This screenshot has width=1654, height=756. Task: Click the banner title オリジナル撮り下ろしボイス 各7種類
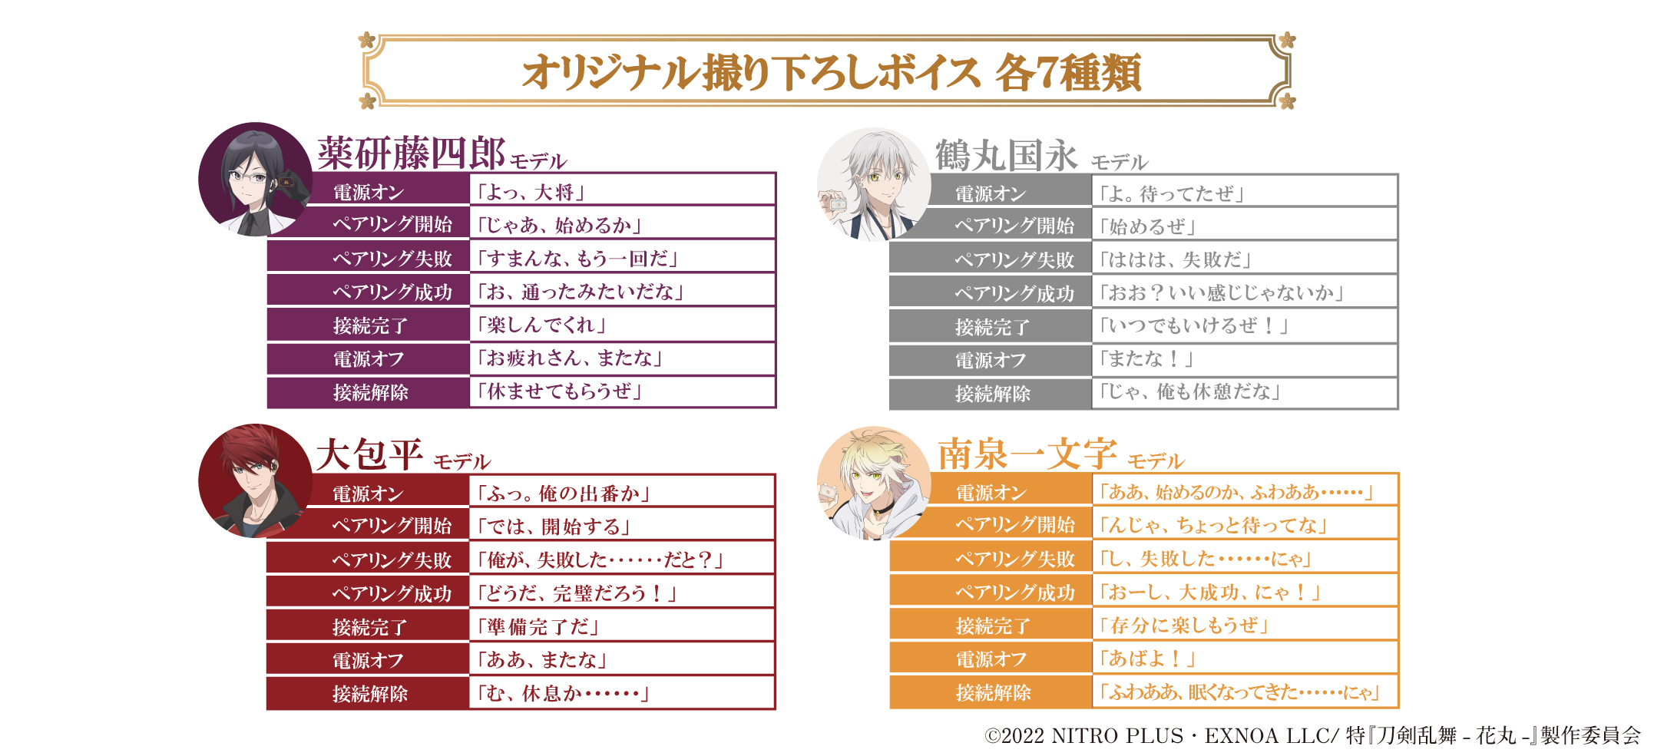(831, 72)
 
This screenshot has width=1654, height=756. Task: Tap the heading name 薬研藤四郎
(411, 153)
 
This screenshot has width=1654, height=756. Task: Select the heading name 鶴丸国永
(1006, 156)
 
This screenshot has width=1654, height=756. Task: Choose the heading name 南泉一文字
(1027, 454)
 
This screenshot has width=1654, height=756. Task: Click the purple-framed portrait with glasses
(254, 179)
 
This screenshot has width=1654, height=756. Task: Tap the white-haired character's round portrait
(873, 184)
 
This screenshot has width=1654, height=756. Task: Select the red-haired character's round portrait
(254, 481)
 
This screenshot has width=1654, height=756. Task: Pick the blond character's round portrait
(873, 484)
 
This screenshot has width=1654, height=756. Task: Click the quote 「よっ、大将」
(531, 192)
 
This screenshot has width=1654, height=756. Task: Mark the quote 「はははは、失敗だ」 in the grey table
(1175, 259)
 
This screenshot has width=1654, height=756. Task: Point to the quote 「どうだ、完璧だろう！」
(577, 593)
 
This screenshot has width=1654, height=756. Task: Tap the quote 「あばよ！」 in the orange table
(1147, 659)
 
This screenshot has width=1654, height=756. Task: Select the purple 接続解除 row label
(370, 392)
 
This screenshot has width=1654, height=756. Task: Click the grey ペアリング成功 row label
(1014, 294)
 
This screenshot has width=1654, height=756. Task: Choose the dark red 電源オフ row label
(368, 660)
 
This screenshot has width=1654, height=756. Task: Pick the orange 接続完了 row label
(992, 626)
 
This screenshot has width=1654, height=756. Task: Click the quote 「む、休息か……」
(563, 694)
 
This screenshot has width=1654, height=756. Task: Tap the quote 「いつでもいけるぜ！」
(1193, 326)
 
